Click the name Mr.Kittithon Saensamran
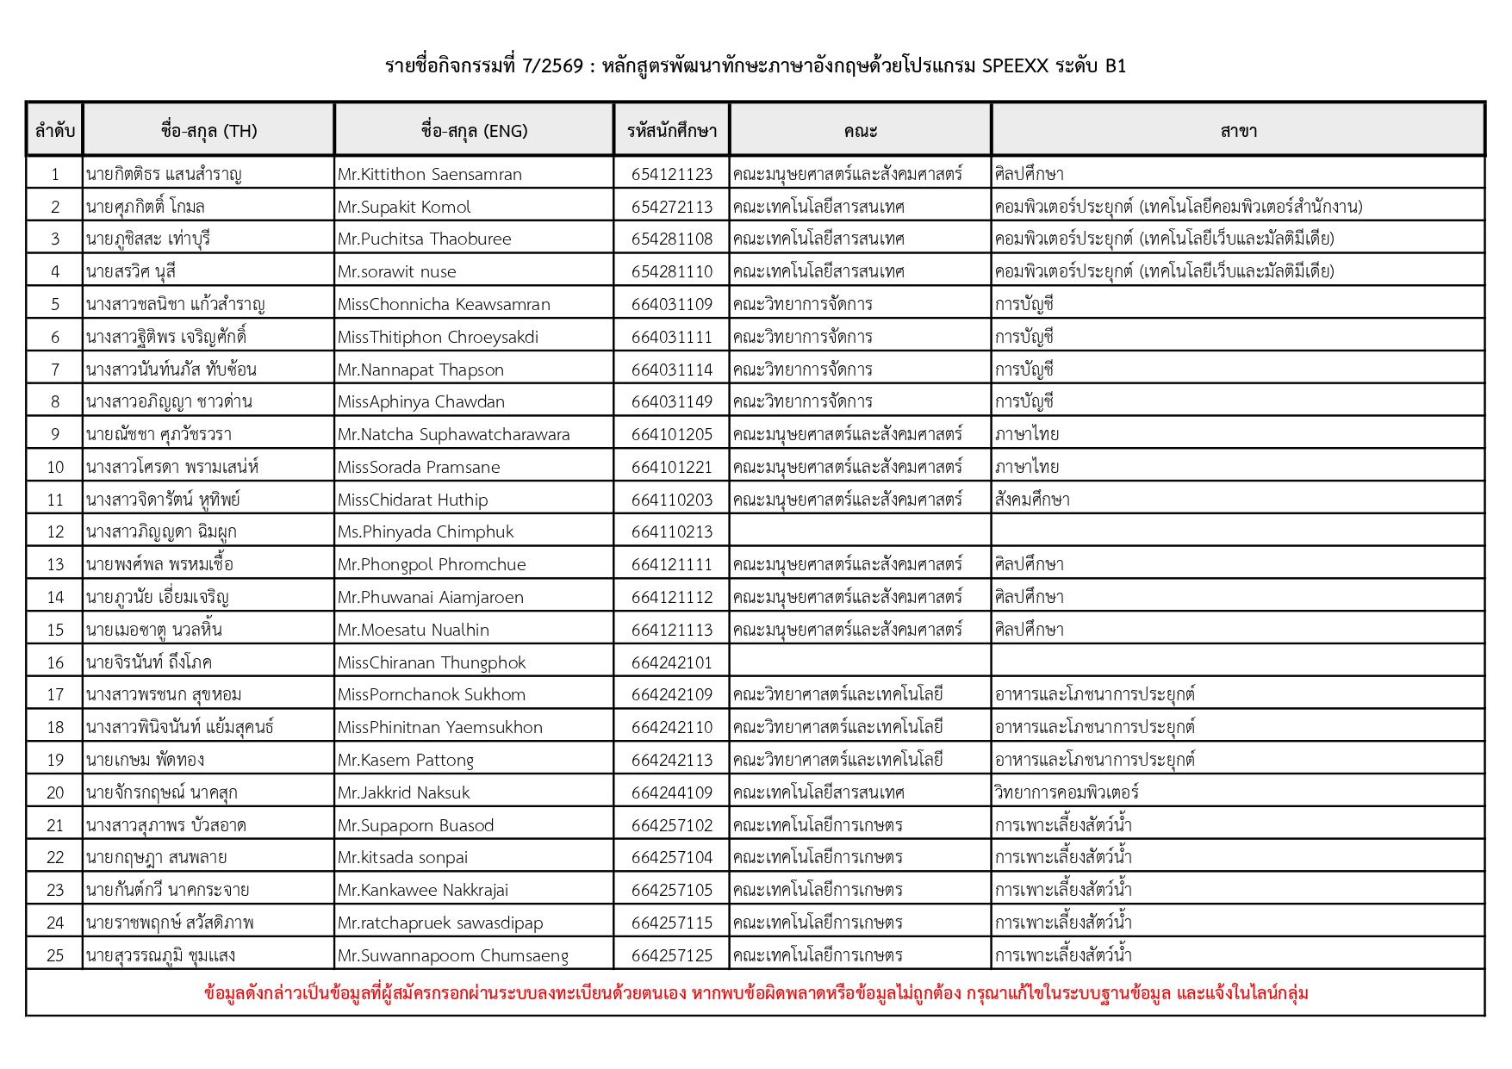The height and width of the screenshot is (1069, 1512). (429, 174)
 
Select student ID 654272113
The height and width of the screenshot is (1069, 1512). (671, 207)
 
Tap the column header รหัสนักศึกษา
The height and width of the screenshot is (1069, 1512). (671, 131)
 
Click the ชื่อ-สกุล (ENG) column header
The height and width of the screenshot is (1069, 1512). (474, 131)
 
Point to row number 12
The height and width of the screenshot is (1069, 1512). (55, 532)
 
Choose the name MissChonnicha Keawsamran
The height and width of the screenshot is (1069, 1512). (443, 304)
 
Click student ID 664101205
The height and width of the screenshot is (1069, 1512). (671, 434)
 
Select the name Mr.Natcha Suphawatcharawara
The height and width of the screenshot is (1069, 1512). (453, 434)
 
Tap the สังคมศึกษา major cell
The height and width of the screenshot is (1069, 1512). (1031, 500)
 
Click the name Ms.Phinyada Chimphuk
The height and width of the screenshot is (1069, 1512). (425, 532)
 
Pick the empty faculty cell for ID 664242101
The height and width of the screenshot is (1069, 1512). (860, 662)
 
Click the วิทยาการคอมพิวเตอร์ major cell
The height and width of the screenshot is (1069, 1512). (1066, 792)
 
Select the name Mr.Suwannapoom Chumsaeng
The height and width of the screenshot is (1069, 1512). (452, 955)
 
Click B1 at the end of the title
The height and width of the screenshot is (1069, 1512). (1115, 65)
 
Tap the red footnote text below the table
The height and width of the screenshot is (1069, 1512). (756, 993)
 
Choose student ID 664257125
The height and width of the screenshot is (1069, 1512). (671, 955)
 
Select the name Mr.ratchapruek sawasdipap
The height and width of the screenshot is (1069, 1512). (439, 923)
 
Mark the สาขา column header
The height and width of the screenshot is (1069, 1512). (1238, 131)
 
